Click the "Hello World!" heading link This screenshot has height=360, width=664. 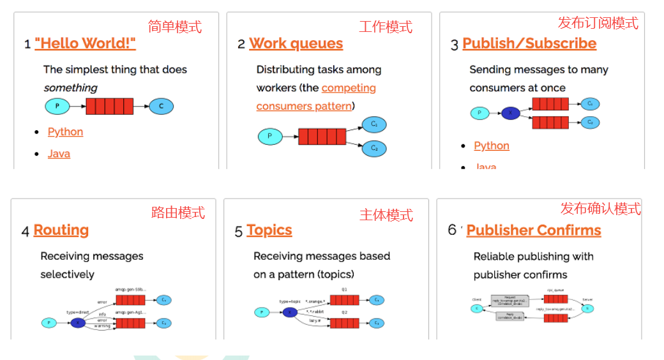(85, 43)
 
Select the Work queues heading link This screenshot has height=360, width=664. (296, 43)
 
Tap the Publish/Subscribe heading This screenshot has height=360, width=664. (529, 43)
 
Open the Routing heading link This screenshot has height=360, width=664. (61, 230)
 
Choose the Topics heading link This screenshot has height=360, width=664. (269, 230)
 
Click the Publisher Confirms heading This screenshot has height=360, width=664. (534, 230)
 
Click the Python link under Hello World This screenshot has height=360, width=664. (65, 131)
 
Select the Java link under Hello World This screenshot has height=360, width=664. (59, 154)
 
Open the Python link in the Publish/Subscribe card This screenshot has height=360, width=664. (492, 146)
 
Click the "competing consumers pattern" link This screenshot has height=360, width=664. (316, 97)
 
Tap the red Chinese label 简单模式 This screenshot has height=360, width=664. (175, 27)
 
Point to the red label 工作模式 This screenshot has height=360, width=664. (386, 27)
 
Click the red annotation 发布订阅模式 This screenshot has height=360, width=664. (598, 23)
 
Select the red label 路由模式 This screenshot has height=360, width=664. (178, 213)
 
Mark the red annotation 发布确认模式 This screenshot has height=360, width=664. (601, 209)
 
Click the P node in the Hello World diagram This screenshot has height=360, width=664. (56, 106)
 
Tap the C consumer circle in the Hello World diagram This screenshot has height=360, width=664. (161, 106)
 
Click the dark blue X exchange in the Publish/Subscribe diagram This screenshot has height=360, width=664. (510, 114)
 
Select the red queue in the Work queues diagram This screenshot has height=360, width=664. (322, 136)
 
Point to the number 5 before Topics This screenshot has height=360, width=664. (239, 231)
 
